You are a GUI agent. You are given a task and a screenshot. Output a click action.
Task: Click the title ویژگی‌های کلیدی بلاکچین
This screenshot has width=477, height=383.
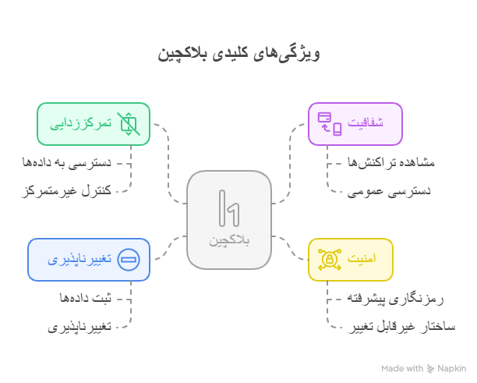[238, 54]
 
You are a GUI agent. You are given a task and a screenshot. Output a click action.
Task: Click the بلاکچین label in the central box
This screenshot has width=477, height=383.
[229, 241]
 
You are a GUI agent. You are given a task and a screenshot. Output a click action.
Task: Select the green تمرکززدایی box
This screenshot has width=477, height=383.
[94, 124]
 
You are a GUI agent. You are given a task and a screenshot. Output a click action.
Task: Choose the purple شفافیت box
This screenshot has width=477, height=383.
[355, 124]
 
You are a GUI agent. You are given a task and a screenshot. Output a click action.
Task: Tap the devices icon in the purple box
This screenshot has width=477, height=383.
[330, 124]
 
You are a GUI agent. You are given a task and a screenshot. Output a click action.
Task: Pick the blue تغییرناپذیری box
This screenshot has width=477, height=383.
[88, 260]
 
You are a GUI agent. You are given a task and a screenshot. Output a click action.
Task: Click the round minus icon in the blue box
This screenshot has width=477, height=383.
[129, 260]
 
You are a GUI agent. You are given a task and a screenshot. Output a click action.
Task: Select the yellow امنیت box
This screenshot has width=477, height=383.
[350, 260]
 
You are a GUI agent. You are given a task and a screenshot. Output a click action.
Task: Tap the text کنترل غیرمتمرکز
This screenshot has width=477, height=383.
[66, 190]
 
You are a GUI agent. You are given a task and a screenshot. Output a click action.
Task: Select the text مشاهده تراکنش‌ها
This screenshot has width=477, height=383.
[390, 162]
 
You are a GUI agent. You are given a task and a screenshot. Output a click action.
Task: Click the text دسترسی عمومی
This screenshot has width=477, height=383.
[389, 190]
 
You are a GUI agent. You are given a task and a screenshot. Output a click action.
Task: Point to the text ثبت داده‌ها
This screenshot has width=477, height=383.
[86, 298]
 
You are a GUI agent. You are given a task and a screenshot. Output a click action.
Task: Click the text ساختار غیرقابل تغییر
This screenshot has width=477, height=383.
[401, 326]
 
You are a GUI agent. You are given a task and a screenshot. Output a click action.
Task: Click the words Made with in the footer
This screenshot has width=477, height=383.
[402, 368]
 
